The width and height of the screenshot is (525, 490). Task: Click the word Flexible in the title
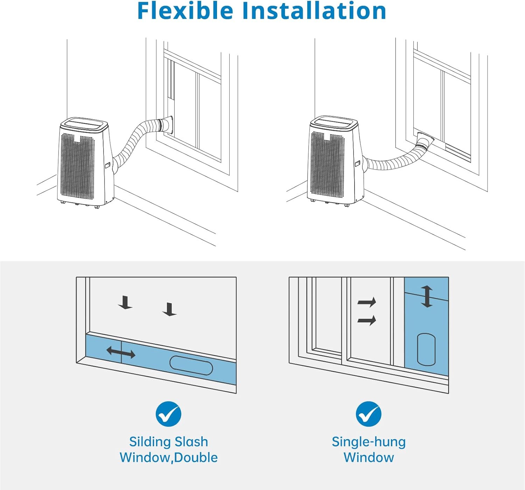pos(185,11)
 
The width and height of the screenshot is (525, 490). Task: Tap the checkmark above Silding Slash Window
pos(168,414)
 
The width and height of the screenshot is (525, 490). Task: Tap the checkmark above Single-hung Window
pos(369,414)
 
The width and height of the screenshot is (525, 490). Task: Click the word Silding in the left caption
pos(151,442)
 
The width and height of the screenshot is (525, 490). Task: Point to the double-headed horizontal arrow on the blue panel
pos(121,352)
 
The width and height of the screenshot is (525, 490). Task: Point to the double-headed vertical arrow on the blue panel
pos(427,296)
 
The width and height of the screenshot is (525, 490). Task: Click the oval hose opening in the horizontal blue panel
pos(191,366)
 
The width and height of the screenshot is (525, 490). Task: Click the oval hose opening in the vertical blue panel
pos(426,349)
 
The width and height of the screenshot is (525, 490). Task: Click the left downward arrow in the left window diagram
pos(125,303)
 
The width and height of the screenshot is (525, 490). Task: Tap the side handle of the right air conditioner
pos(357,163)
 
